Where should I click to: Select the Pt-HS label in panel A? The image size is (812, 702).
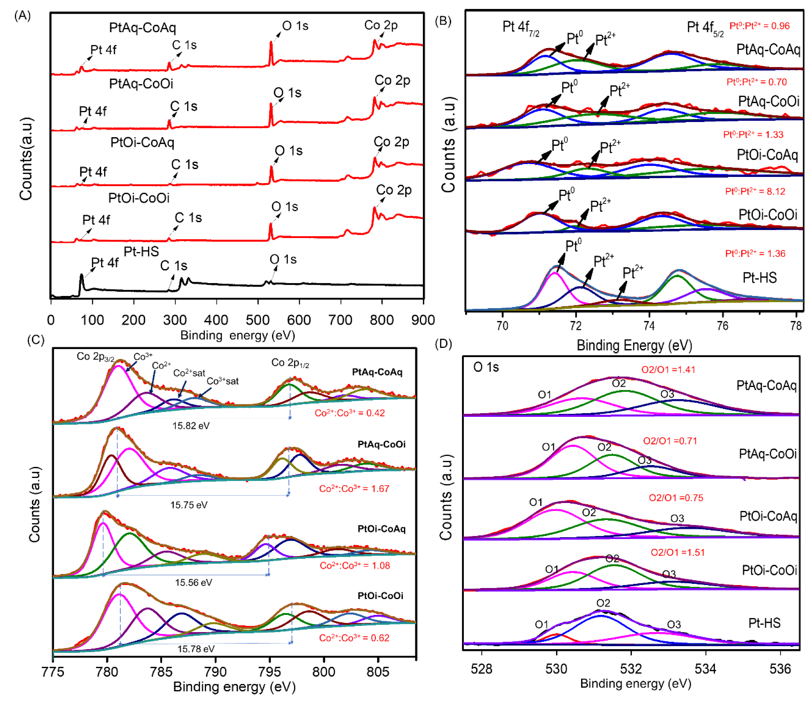point(141,251)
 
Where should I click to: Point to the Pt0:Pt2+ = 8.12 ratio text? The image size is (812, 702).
point(755,192)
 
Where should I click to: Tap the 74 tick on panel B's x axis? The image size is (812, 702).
point(649,326)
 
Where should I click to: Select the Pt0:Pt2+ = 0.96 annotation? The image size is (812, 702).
point(759,26)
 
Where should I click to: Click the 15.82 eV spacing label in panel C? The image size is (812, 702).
point(191,426)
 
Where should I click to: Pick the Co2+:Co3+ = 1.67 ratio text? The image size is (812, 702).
point(354,489)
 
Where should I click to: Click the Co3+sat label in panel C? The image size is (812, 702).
point(222,381)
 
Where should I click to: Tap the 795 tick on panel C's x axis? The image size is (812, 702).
point(270,672)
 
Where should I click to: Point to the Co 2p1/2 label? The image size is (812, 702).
point(290,363)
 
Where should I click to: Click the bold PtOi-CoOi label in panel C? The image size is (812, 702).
point(380,596)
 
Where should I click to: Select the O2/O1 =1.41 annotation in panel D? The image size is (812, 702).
point(668,370)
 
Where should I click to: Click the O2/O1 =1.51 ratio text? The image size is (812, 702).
point(677,553)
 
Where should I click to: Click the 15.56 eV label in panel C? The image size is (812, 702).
point(193,583)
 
